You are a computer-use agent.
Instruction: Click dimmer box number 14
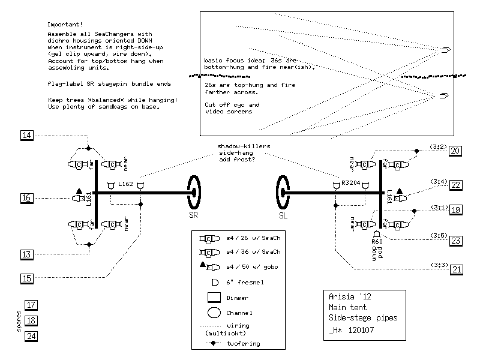point(26,136)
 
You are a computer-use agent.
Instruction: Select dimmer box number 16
point(26,198)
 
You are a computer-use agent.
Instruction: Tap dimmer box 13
point(26,255)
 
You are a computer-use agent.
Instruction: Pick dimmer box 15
point(26,278)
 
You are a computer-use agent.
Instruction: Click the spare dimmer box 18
point(31,320)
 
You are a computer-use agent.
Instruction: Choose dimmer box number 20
point(455,151)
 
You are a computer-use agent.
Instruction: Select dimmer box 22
point(455,185)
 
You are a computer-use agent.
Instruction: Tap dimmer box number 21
point(455,269)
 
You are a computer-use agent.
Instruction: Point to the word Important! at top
point(64,25)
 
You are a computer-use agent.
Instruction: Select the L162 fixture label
point(126,183)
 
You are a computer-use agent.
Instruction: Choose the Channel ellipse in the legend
point(213,313)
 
